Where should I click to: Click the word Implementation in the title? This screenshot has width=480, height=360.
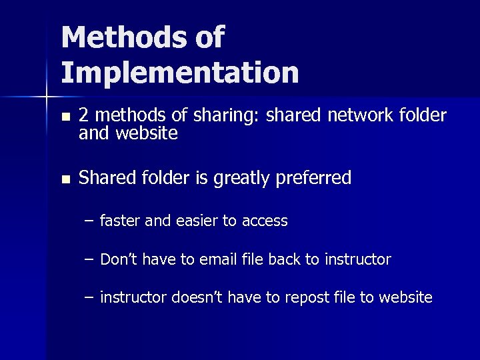(x=180, y=73)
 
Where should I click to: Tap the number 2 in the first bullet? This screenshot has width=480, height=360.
(x=83, y=116)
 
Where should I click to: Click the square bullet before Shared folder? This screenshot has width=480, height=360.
(x=64, y=179)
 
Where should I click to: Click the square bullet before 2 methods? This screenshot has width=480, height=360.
(x=64, y=117)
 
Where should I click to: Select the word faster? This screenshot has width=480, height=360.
(x=120, y=221)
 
